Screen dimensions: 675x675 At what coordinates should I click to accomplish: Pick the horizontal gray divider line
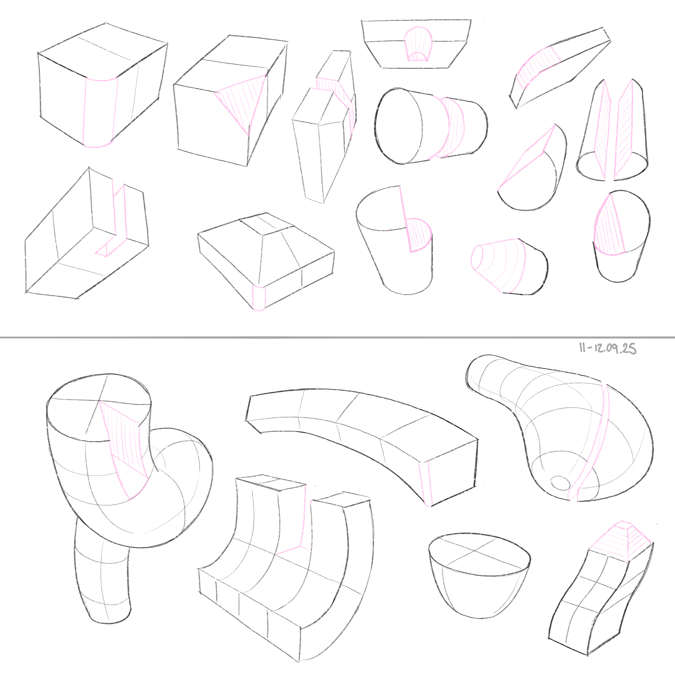[337, 337]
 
